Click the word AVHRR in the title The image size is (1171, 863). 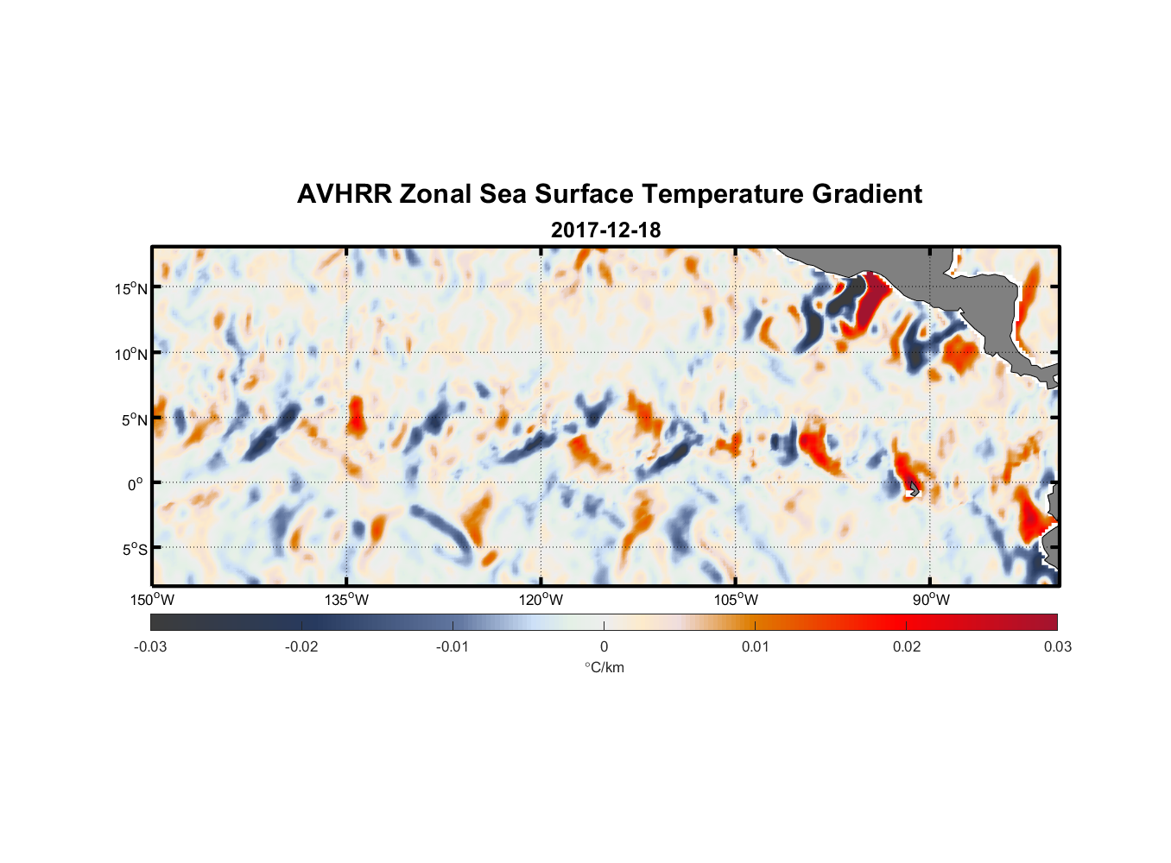pos(344,194)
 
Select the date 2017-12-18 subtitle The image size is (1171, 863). pos(605,230)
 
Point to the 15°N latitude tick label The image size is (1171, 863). pos(131,288)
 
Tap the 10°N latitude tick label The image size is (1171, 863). pos(131,354)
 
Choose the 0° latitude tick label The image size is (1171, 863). pos(136,484)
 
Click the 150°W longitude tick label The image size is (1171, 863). pos(152,600)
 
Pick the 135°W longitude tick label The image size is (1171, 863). pos(346,600)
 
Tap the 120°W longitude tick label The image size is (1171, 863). pos(541,600)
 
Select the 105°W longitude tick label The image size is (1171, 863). pos(736,600)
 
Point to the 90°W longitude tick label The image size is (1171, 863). pos(931,600)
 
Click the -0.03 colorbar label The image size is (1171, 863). pos(150,646)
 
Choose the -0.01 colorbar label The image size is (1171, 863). pos(453,646)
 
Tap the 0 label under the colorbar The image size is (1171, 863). pos(604,646)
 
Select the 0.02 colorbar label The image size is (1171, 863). pos(907,646)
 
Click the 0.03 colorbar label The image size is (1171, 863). pos(1057,646)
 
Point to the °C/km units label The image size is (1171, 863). pos(604,667)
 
